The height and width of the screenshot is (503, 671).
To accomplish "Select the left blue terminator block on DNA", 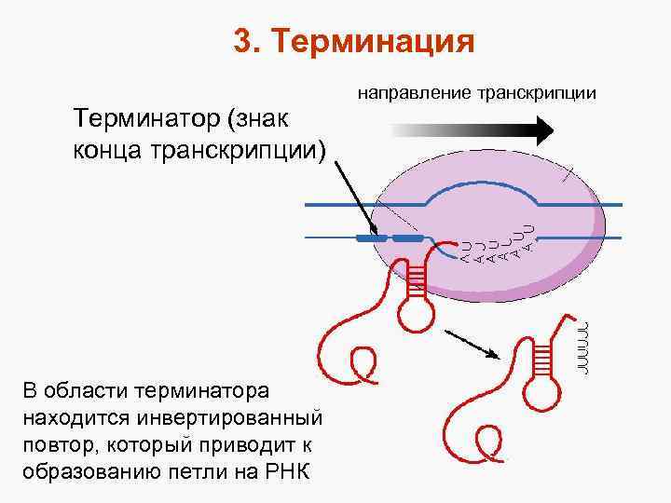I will pyautogui.click(x=373, y=238).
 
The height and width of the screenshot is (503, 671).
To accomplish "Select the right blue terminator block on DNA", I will pyautogui.click(x=408, y=238).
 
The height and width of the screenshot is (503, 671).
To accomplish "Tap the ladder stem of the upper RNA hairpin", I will pyautogui.click(x=417, y=278).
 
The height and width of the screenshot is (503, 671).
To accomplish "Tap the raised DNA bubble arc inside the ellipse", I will pyautogui.click(x=480, y=186).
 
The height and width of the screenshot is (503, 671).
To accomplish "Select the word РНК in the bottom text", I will pyautogui.click(x=296, y=469).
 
